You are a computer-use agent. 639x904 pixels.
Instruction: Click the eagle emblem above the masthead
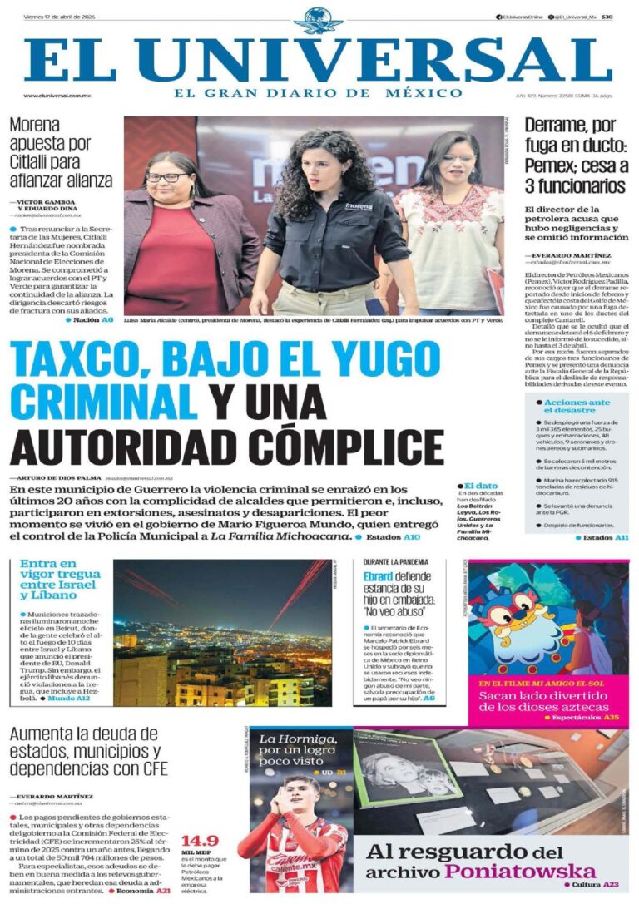point(318,19)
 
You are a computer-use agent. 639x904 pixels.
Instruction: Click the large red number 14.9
point(200,840)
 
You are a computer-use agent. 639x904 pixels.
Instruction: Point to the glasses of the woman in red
point(166,178)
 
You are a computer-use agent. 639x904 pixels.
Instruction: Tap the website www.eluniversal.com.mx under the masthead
point(57,96)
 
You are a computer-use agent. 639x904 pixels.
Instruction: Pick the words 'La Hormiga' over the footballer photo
point(297,739)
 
